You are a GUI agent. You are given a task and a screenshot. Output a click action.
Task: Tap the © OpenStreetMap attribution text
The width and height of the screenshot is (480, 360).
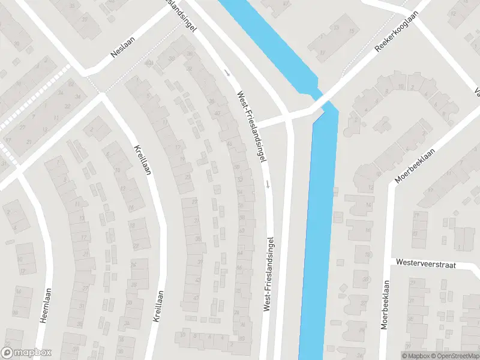(x=454, y=356)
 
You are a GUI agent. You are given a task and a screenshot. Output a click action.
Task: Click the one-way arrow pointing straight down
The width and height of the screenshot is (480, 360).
(x=268, y=183)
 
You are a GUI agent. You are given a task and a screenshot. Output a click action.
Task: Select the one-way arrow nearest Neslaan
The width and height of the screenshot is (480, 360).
(x=227, y=73)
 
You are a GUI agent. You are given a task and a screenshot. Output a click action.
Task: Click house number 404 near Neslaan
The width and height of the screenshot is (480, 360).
(x=173, y=58)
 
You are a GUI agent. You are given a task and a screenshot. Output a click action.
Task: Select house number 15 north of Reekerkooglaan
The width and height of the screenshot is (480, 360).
(x=352, y=31)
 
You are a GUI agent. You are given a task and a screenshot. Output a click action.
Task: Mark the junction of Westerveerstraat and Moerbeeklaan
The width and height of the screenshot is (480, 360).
(x=391, y=262)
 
